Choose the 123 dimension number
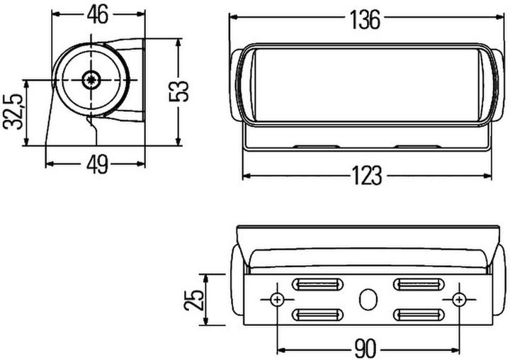pyautogui.click(x=366, y=174)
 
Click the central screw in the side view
pyautogui.click(x=91, y=79)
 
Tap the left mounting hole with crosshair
pyautogui.click(x=276, y=299)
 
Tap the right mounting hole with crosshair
pyautogui.click(x=460, y=299)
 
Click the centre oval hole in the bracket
pyautogui.click(x=368, y=299)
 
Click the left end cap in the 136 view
pyautogui.click(x=236, y=84)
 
